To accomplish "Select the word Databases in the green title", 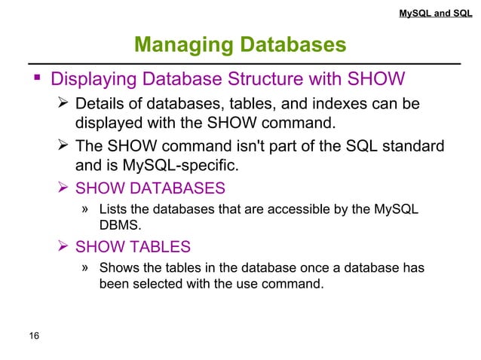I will (294, 45).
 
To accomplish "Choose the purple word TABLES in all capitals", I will (156, 247).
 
